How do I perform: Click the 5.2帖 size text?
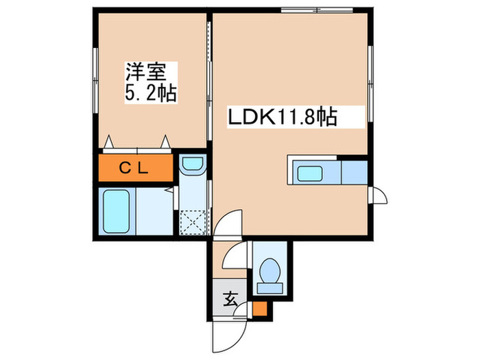tap(151, 93)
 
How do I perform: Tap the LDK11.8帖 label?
tap(282, 117)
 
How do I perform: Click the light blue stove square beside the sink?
tap(354, 172)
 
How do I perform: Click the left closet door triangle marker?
tap(110, 143)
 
